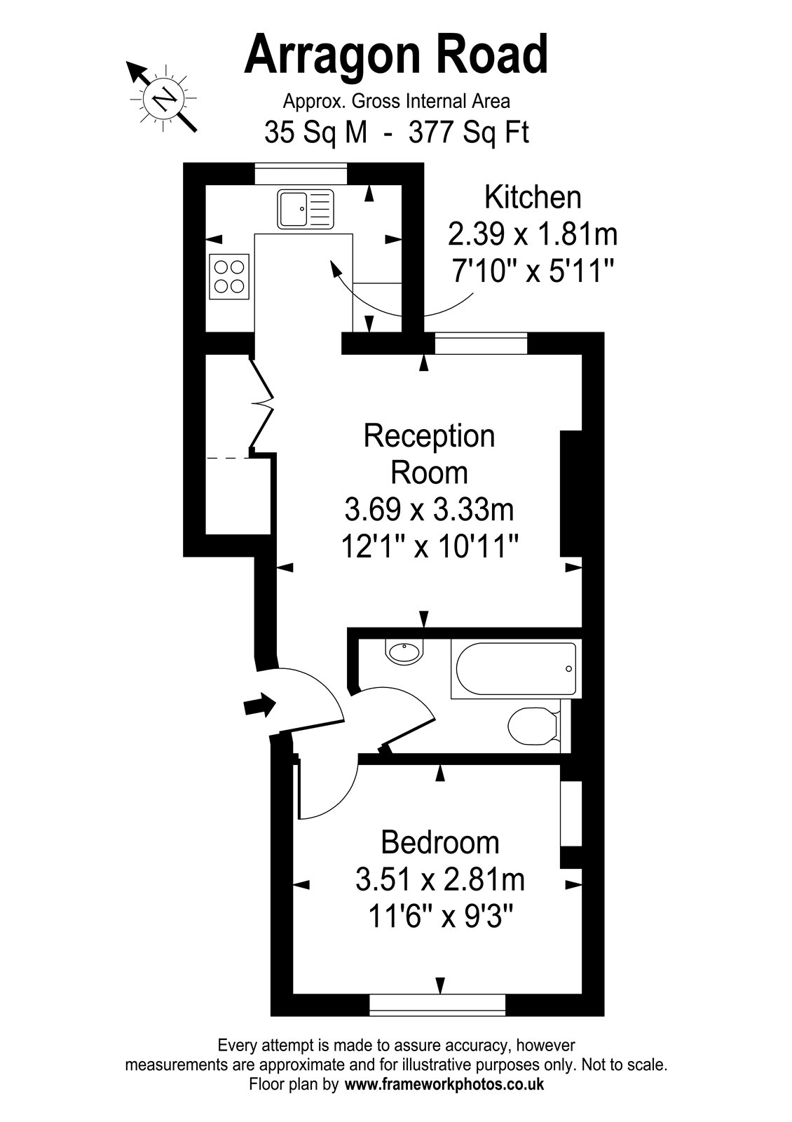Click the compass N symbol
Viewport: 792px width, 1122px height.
pos(163,97)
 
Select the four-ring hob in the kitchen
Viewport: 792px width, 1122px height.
pos(229,276)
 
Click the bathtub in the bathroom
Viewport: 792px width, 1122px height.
pos(516,669)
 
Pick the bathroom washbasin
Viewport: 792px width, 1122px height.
pos(404,651)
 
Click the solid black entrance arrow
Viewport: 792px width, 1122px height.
pos(259,706)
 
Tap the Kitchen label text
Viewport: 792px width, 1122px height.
pos(533,197)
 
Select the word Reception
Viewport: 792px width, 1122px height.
pos(429,436)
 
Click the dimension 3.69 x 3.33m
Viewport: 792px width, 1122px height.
pos(429,510)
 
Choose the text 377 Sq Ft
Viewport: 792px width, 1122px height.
pos(469,133)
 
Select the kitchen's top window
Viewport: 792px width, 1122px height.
pos(301,174)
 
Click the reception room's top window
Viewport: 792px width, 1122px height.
pos(481,343)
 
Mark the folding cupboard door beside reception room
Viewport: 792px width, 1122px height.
pos(261,404)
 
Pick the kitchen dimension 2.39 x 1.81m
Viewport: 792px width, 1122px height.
pos(533,234)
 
